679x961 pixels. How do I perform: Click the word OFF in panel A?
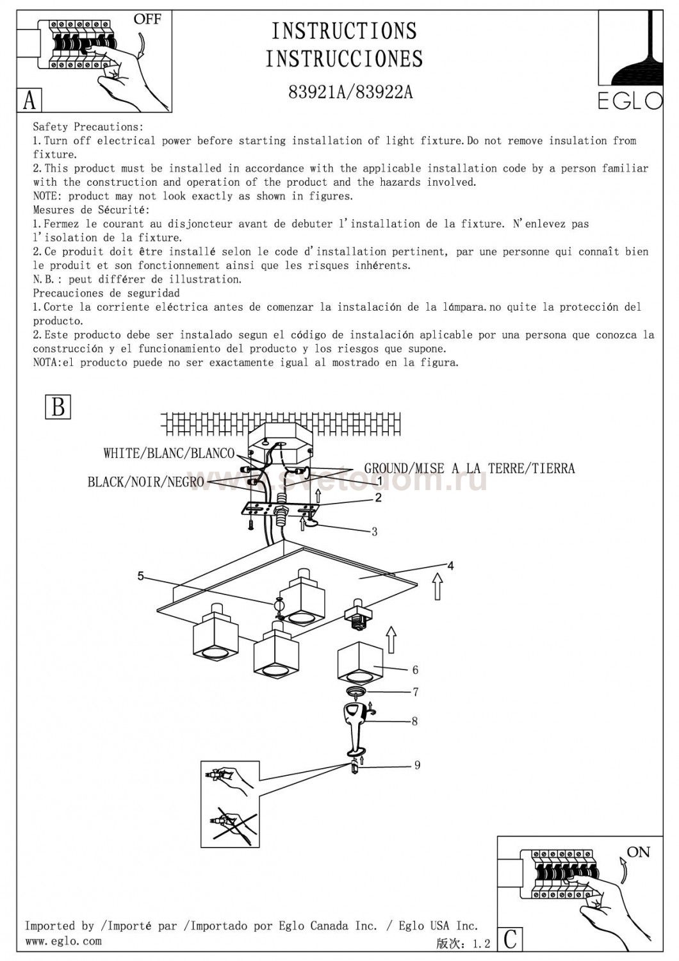[x=147, y=19]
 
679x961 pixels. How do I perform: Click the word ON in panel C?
[x=638, y=852]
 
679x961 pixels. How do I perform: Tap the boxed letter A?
[x=29, y=101]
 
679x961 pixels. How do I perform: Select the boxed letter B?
[x=58, y=407]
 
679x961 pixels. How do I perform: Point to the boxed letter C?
[x=510, y=939]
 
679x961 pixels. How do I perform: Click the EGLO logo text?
[x=630, y=101]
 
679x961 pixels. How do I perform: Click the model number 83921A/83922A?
[x=350, y=93]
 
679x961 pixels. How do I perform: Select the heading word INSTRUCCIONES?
[x=345, y=59]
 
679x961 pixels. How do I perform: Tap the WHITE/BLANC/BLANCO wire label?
[x=169, y=454]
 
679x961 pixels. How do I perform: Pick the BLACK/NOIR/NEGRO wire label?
[x=146, y=482]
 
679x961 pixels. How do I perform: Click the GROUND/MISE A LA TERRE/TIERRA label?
[x=470, y=468]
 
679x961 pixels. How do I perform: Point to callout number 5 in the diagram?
[x=141, y=576]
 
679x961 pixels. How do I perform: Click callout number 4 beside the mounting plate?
[x=451, y=566]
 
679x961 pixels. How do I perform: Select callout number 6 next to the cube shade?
[x=415, y=670]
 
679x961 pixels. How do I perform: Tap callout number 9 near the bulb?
[x=417, y=765]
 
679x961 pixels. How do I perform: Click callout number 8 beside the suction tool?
[x=414, y=721]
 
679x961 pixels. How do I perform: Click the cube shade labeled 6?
[x=360, y=663]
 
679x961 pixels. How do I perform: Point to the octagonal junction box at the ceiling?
[x=279, y=447]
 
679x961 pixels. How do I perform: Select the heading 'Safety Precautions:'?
[x=88, y=127]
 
